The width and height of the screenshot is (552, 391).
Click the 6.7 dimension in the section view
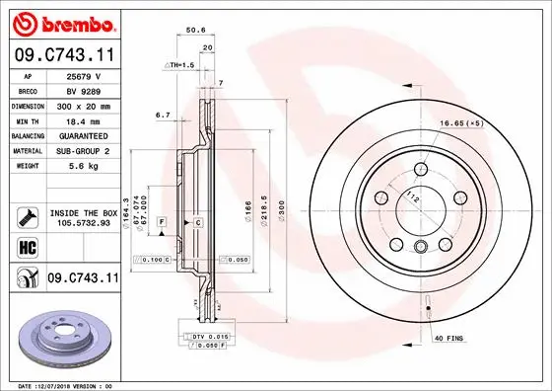(x=164, y=115)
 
